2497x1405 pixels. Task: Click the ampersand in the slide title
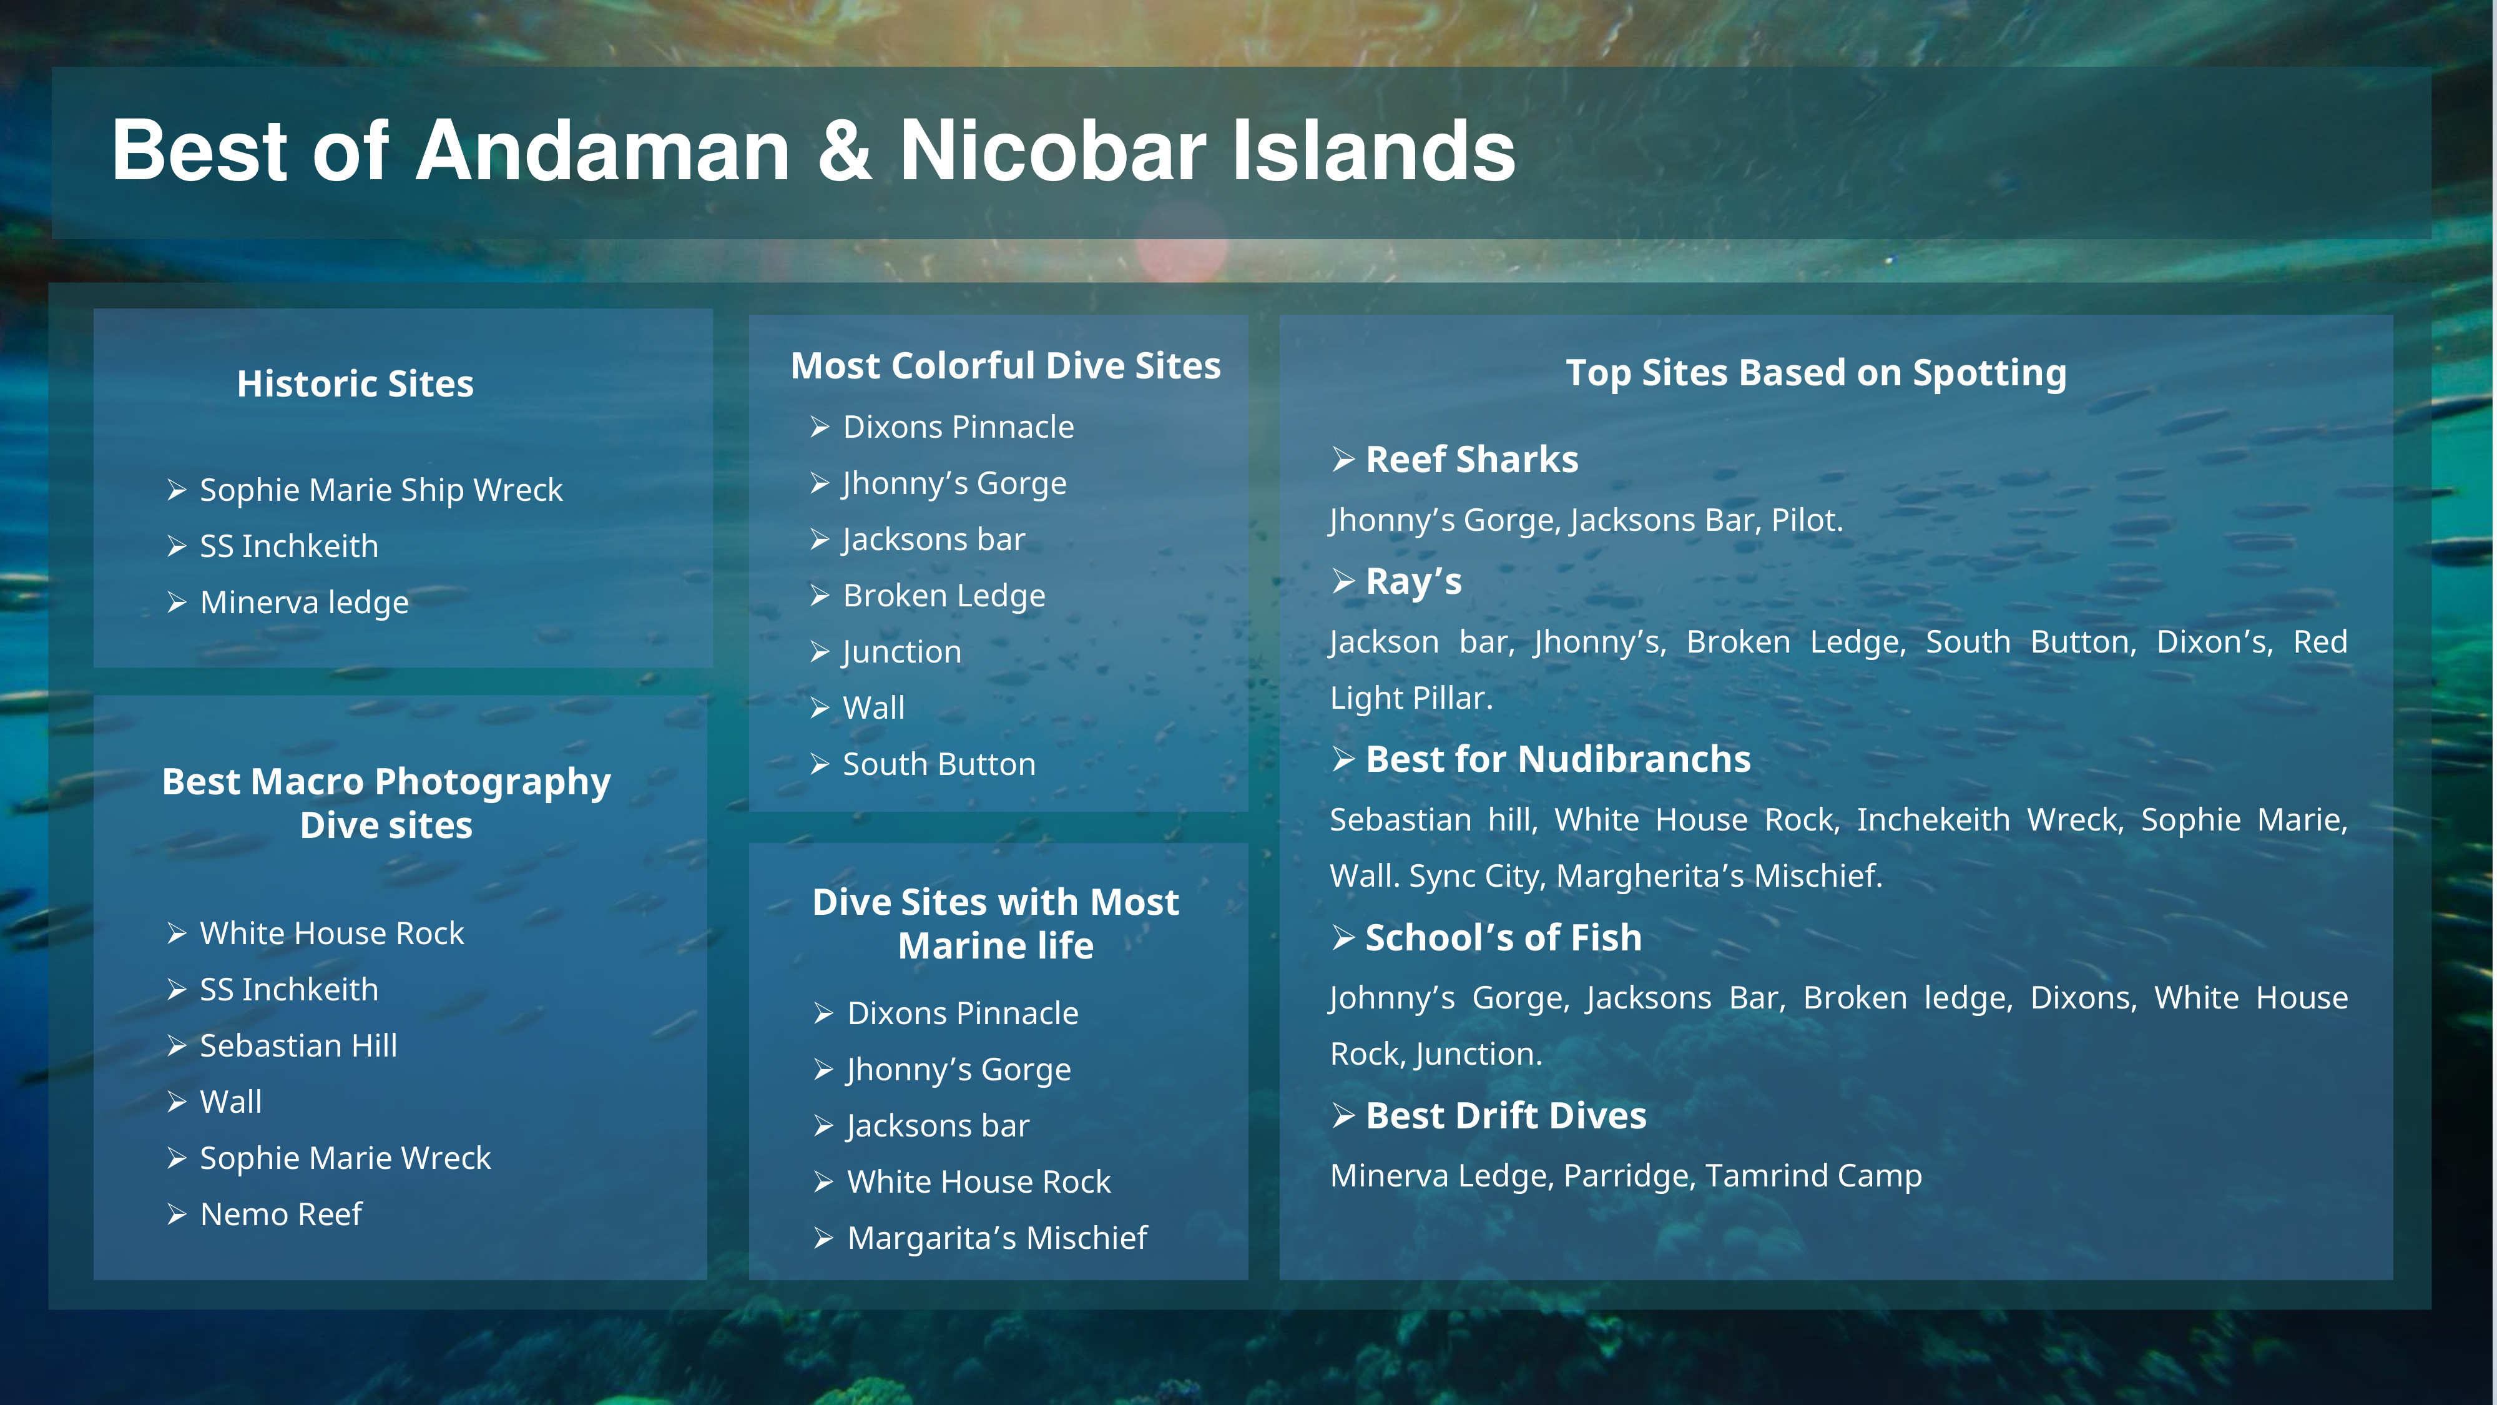click(x=844, y=151)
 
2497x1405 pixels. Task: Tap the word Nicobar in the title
click(x=1052, y=151)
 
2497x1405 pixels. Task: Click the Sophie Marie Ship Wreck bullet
click(x=380, y=490)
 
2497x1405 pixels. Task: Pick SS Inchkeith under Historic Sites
click(x=289, y=546)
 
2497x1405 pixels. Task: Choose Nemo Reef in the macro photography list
click(x=280, y=1214)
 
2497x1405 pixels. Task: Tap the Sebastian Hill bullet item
click(x=298, y=1045)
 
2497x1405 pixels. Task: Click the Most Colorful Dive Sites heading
click(x=1005, y=365)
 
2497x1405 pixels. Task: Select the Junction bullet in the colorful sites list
click(x=901, y=651)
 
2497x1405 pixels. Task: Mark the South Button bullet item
click(x=938, y=764)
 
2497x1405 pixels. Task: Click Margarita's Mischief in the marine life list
click(x=996, y=1238)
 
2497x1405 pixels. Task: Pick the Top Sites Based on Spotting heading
click(x=1815, y=373)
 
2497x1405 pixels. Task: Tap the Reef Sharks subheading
click(x=1471, y=460)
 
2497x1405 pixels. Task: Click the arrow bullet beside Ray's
click(x=1343, y=581)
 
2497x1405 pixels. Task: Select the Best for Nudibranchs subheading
click(x=1558, y=759)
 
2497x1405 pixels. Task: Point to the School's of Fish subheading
click(x=1503, y=938)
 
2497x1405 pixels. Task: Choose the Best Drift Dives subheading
click(x=1505, y=1116)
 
